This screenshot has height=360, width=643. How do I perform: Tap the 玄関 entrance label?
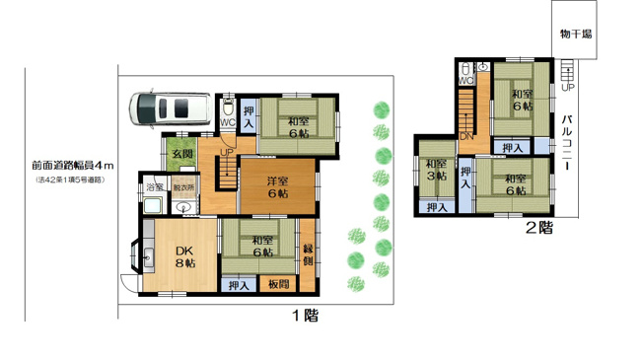tap(181, 154)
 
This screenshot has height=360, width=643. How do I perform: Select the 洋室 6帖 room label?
tap(277, 187)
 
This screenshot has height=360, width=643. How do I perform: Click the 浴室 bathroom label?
tap(154, 187)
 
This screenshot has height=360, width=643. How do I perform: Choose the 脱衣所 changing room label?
tap(184, 187)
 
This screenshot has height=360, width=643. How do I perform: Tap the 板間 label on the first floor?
tap(278, 286)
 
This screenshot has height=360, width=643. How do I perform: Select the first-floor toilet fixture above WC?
tap(228, 107)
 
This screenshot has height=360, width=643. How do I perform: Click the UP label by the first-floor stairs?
tap(226, 154)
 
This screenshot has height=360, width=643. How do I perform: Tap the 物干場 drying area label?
tap(575, 34)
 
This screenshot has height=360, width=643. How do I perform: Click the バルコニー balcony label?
tap(570, 144)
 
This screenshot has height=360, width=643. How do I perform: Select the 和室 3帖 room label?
tap(436, 170)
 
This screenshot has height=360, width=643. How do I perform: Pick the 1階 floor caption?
tap(305, 317)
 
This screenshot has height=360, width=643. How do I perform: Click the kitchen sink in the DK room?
tap(150, 260)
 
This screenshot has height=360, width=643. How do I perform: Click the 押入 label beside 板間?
tap(238, 286)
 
